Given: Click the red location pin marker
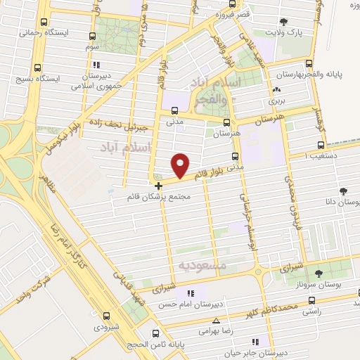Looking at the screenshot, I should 181,164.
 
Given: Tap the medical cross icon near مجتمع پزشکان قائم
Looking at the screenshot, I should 159,186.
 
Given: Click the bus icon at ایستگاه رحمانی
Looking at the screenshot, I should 44,22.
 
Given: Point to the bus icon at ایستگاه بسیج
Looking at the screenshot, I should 38,69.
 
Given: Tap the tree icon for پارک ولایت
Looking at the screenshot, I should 283,22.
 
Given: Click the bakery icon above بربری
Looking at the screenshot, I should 276,90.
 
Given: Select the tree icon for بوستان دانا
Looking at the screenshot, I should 343,191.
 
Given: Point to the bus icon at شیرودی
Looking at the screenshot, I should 98,316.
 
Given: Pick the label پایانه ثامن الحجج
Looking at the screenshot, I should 153,345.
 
